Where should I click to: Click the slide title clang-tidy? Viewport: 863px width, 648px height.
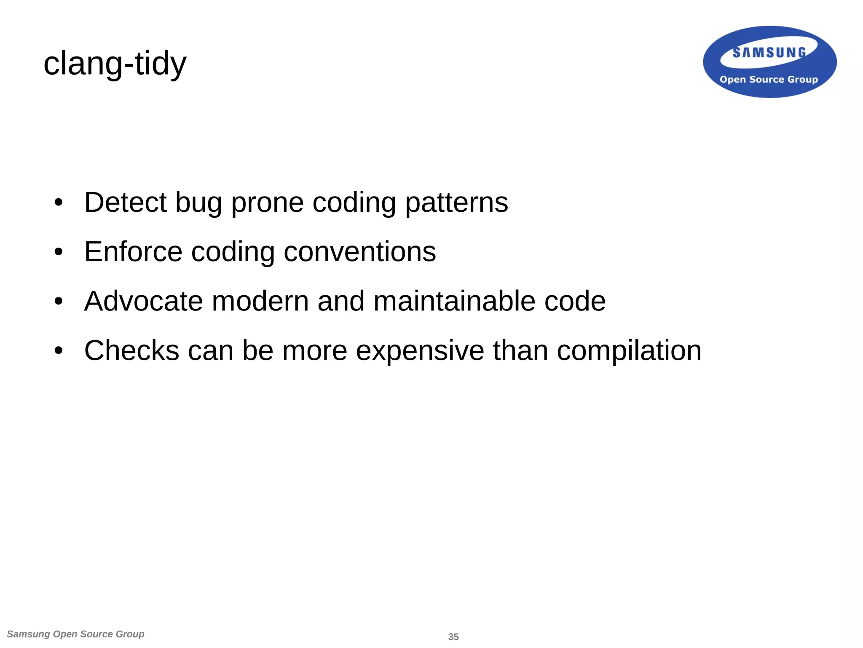pos(115,63)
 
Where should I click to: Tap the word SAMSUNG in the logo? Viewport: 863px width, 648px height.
pos(769,52)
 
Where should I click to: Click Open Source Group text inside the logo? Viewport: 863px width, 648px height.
pos(769,79)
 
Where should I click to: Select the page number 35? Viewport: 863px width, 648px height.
pos(453,637)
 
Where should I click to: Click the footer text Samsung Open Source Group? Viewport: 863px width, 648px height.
pos(76,634)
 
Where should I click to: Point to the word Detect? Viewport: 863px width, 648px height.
pos(125,202)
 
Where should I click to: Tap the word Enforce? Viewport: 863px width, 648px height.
pos(133,251)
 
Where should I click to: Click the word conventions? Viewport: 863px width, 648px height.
pos(360,251)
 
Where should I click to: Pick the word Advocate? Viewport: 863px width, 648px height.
pos(143,301)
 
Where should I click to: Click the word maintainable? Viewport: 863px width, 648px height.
pos(454,301)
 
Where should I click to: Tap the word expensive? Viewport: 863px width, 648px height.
pos(420,351)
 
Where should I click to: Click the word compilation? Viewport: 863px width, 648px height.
pos(629,351)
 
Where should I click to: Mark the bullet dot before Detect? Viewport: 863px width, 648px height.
pos(59,203)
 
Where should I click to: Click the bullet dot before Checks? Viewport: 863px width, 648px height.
pos(59,351)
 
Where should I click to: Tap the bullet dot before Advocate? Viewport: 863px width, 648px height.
pos(59,302)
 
